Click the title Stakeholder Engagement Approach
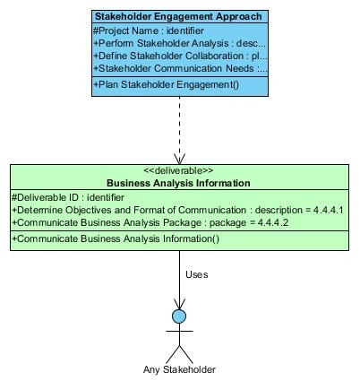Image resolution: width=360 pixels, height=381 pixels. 178,16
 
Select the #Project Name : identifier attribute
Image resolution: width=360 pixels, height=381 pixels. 149,30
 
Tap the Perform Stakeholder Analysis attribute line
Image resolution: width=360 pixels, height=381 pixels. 179,43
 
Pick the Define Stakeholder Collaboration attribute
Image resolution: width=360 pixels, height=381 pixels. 180,56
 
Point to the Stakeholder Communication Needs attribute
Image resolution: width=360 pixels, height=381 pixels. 180,68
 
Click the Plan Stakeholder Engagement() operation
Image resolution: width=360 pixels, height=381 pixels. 167,84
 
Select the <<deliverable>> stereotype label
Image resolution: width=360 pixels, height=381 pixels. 178,170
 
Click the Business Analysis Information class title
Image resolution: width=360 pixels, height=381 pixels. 178,183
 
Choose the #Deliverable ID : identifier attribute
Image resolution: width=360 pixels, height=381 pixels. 68,197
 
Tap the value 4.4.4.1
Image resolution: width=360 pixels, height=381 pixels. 328,210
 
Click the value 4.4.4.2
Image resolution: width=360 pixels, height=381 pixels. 273,222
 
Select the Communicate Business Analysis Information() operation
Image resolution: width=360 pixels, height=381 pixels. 116,238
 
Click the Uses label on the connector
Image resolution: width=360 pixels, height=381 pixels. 197,274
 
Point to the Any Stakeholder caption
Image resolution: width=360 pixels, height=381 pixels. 179,369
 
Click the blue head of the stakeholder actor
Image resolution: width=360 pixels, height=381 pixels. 179,316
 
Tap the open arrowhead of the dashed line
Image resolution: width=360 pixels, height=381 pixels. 179,159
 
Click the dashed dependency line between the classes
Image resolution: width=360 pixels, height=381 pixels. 179,130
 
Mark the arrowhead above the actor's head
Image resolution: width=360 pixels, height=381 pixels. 179,304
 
